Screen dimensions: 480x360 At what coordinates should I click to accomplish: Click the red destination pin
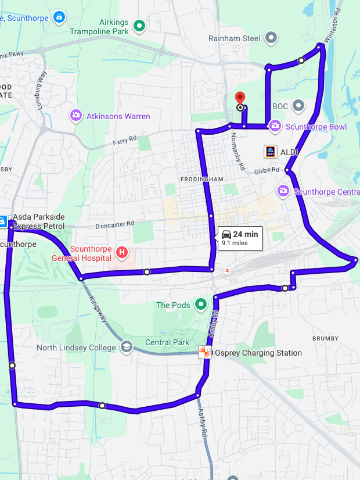point(239,98)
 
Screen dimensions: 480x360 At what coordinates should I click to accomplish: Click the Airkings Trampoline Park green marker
point(139,26)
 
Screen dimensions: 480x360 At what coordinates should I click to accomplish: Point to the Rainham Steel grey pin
point(271,38)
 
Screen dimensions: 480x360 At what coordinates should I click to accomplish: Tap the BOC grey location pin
point(298,106)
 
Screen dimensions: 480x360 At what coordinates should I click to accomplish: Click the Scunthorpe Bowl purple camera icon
point(275,126)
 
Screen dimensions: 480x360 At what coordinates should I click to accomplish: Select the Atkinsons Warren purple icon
point(75,116)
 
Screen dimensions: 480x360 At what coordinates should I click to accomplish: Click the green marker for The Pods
point(201,304)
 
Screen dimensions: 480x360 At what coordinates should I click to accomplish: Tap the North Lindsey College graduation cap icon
point(126,348)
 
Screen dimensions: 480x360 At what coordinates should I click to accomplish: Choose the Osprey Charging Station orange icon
point(204,352)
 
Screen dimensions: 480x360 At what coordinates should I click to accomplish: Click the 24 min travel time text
point(246,235)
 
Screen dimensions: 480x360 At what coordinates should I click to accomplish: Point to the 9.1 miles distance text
point(235,244)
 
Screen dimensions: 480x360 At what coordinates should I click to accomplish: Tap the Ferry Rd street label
point(124,139)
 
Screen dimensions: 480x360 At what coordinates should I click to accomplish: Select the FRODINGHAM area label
point(201,180)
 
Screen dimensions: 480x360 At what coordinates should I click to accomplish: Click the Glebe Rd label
point(267,171)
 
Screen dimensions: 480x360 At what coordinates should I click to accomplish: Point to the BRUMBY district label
point(325,338)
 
